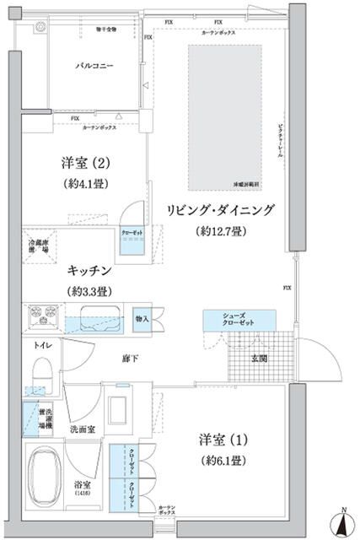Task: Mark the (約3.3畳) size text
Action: click(90, 291)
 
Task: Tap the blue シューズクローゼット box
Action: click(239, 319)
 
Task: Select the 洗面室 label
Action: click(83, 429)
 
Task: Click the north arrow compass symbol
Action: click(344, 523)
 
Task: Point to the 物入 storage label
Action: click(142, 318)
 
